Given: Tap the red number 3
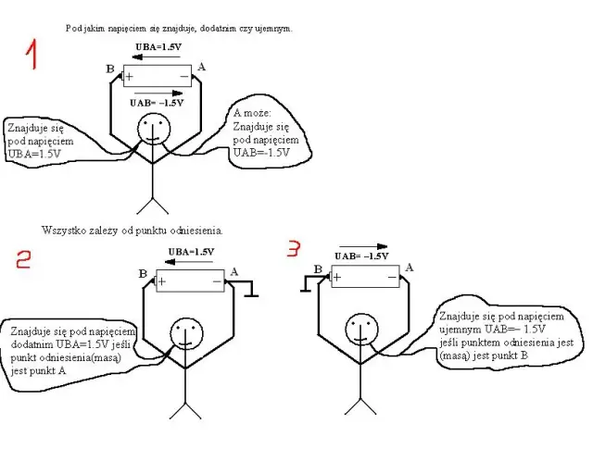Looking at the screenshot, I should point(294,248).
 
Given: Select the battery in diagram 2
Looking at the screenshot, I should point(190,281).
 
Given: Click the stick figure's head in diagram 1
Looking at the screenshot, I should point(150,131).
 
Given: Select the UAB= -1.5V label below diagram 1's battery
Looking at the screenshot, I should point(158,104).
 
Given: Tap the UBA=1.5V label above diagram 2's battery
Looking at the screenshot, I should point(191,252).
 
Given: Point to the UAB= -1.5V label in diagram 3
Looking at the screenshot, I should point(361,256).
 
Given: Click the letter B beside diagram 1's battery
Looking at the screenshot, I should point(110,69).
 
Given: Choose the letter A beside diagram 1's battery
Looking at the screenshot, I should point(201,68).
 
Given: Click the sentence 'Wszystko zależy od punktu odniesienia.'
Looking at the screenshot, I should point(132,229).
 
